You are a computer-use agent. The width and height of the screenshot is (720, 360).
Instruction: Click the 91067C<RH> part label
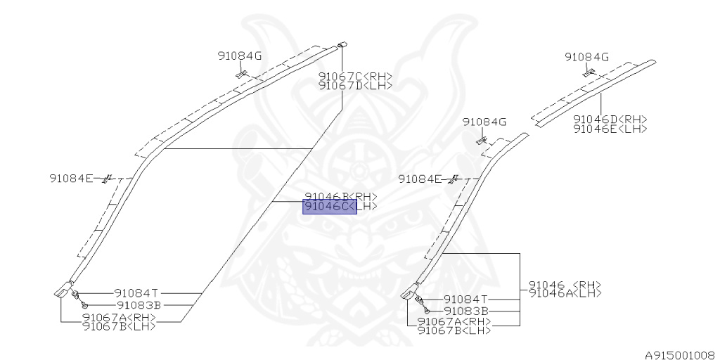click(x=355, y=77)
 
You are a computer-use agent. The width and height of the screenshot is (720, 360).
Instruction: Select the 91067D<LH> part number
click(x=355, y=86)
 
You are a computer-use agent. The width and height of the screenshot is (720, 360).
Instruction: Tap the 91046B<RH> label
click(x=340, y=197)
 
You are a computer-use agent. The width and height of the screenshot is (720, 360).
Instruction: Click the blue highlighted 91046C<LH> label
click(x=330, y=206)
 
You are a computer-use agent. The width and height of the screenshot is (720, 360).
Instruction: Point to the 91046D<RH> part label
click(x=610, y=120)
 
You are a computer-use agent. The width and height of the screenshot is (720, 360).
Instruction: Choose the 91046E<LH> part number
click(x=610, y=129)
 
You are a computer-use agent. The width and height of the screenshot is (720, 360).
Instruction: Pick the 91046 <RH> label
click(x=565, y=285)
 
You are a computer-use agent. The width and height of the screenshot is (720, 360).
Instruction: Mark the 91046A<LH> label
click(x=565, y=293)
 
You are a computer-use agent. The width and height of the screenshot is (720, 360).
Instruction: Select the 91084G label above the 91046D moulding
click(x=586, y=57)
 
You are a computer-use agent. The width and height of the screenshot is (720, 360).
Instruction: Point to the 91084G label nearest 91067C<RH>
click(x=240, y=56)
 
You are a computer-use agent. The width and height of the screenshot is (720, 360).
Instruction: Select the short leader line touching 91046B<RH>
click(x=288, y=202)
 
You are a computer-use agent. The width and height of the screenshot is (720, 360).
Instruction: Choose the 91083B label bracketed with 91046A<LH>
click(x=467, y=311)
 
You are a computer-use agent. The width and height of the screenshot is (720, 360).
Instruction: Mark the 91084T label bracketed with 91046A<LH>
click(x=467, y=299)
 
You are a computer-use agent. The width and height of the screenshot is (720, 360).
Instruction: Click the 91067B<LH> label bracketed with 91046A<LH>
click(x=454, y=330)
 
